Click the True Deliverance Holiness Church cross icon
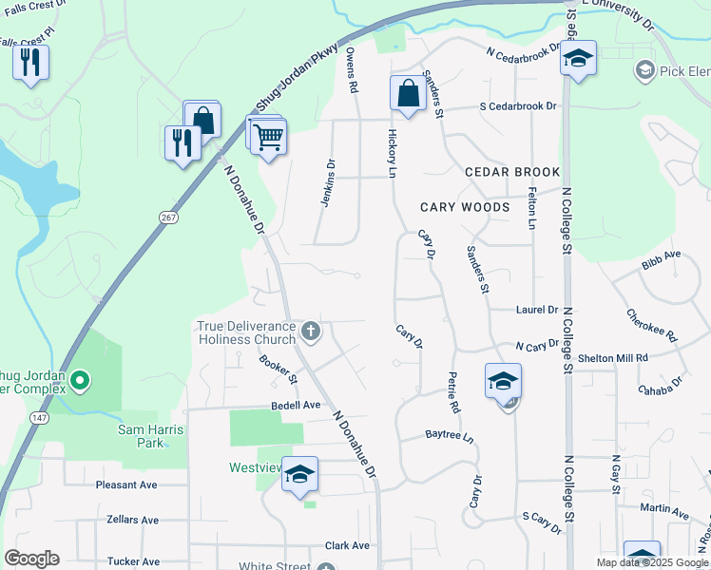pos(310,332)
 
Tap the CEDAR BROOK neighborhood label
pos(512,172)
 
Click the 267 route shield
pos(168,217)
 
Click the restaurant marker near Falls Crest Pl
pos(30,63)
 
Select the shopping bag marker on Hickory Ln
pos(408,94)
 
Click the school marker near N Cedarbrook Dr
pos(577,59)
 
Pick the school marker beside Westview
pos(299,475)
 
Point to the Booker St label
pos(279,370)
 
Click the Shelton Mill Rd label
pos(614,357)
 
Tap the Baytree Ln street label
pos(449,436)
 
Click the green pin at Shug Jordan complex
pos(80,382)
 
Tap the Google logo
pos(31,559)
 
